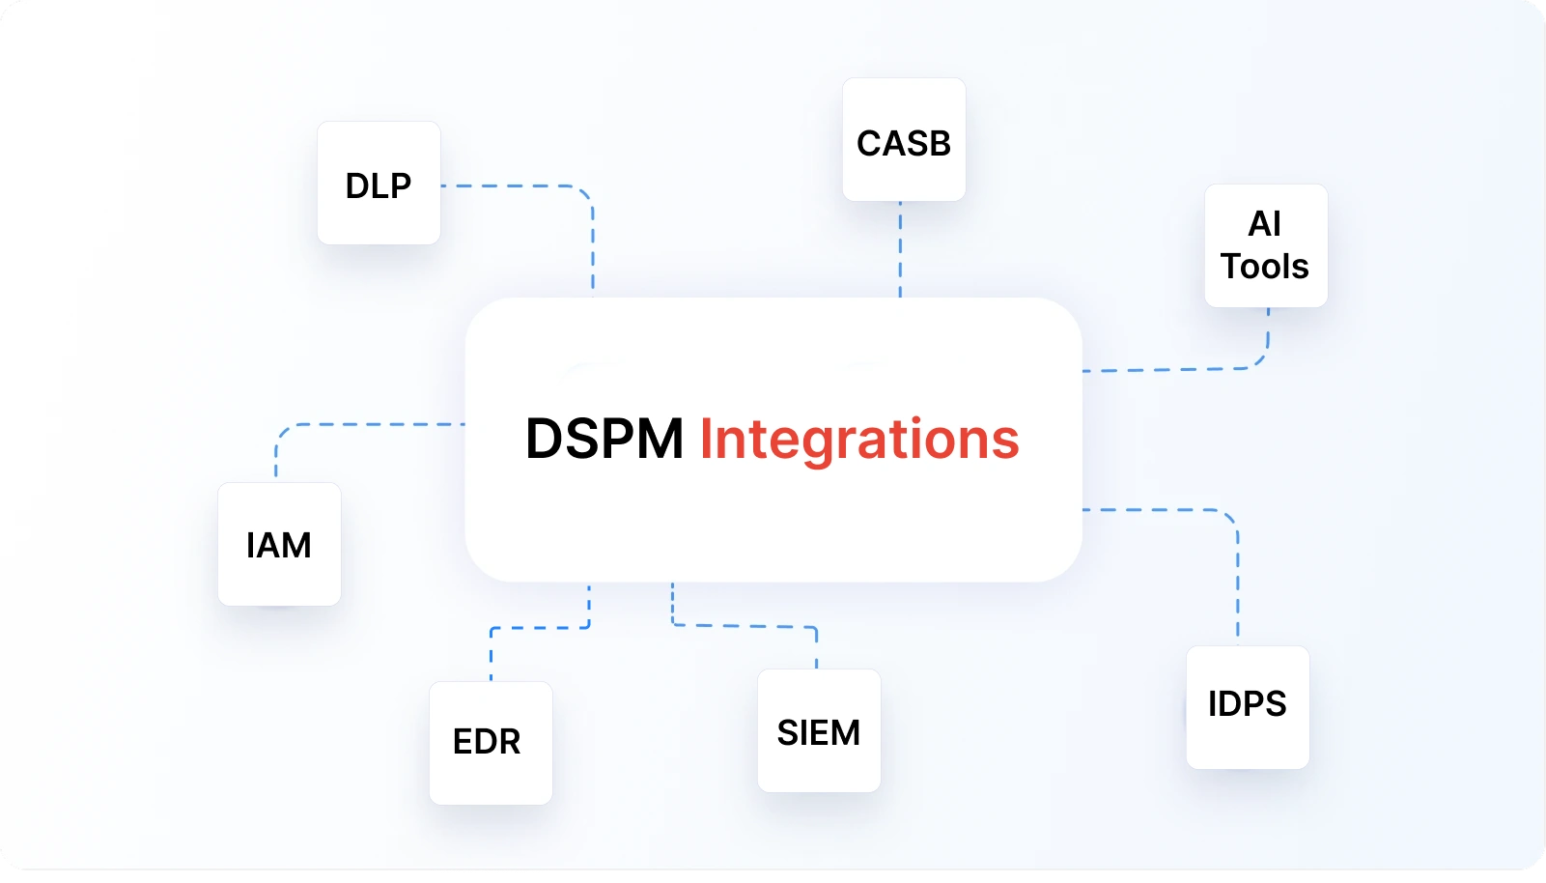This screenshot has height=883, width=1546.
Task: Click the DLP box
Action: click(379, 184)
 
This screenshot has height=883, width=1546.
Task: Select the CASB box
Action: click(904, 140)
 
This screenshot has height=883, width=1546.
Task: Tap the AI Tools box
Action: click(1265, 245)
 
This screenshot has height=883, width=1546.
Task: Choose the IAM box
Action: click(279, 544)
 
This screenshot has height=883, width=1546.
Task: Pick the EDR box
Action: click(491, 742)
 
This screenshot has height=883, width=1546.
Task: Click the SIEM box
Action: click(819, 730)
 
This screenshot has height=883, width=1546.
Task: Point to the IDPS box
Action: click(1248, 706)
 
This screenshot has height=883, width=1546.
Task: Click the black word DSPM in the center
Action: click(604, 439)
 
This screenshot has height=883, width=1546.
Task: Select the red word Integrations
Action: click(858, 439)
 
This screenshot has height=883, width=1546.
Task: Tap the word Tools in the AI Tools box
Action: click(1265, 267)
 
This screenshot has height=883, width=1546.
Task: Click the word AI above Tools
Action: click(1265, 224)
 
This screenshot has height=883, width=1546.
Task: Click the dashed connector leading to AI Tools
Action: click(1178, 369)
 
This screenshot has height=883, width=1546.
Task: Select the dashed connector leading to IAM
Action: click(367, 424)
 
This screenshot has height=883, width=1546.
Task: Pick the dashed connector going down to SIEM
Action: click(744, 626)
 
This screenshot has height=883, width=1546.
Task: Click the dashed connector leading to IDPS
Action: click(1237, 580)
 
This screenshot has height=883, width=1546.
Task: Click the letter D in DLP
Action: click(357, 185)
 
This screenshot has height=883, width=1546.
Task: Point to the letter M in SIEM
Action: click(845, 733)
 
